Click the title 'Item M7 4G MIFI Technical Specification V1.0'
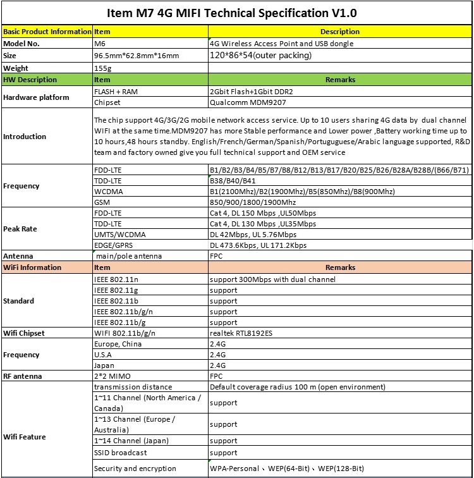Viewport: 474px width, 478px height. pyautogui.click(x=236, y=13)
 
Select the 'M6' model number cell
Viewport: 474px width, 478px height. pyautogui.click(x=100, y=44)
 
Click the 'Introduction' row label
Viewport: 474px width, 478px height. pyautogui.click(x=25, y=137)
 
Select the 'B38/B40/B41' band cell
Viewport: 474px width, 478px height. pyautogui.click(x=230, y=180)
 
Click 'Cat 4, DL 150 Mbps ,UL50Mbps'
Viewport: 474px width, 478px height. pyautogui.click(x=263, y=213)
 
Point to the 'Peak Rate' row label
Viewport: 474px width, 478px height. pyautogui.click(x=21, y=229)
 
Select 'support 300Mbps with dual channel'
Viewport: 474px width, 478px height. pyautogui.click(x=272, y=279)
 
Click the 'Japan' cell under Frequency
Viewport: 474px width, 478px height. pyautogui.click(x=104, y=365)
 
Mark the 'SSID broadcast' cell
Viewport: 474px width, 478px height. pyautogui.click(x=120, y=453)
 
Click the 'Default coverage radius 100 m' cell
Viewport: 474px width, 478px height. pyautogui.click(x=297, y=386)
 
